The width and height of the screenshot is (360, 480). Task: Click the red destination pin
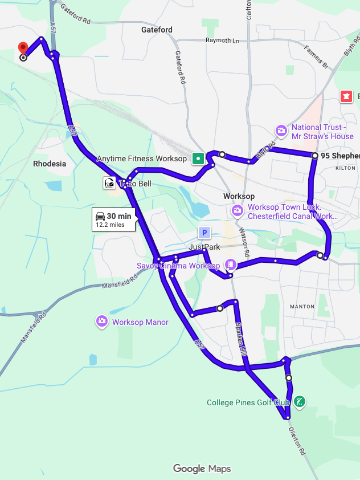(x=23, y=48)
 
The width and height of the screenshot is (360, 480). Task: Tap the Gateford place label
(x=157, y=30)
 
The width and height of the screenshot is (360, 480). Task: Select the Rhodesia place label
(x=50, y=164)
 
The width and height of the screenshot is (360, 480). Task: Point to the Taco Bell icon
(x=109, y=183)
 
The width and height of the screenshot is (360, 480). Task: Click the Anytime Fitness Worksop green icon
(x=198, y=158)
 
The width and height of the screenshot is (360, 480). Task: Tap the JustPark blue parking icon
(x=204, y=233)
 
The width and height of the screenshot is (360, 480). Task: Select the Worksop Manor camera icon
(x=102, y=322)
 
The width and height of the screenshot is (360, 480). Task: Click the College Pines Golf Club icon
(x=300, y=402)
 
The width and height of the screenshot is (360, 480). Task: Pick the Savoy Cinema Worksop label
(x=178, y=266)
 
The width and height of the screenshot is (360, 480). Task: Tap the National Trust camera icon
(x=281, y=131)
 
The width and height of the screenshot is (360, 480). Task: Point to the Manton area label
(x=302, y=307)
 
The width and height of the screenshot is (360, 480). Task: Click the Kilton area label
(x=345, y=169)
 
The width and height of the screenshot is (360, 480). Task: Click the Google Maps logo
(x=202, y=469)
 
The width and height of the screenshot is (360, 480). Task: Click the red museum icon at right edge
(x=345, y=96)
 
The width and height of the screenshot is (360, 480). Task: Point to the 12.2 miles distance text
(x=110, y=225)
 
